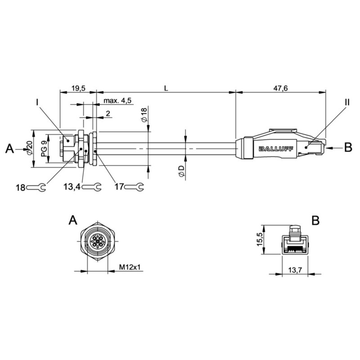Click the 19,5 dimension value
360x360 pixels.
[x=78, y=88]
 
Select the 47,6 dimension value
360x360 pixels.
[x=280, y=88]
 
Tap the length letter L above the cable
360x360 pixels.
[x=166, y=88]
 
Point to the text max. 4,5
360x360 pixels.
[x=117, y=100]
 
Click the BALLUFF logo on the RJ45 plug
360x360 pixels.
[x=276, y=149]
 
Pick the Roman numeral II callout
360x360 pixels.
[x=347, y=102]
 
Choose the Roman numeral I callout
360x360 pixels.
[x=37, y=102]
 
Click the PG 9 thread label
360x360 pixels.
[x=44, y=149]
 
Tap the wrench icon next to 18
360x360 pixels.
[x=36, y=187]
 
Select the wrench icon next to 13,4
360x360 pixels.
[x=92, y=187]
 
